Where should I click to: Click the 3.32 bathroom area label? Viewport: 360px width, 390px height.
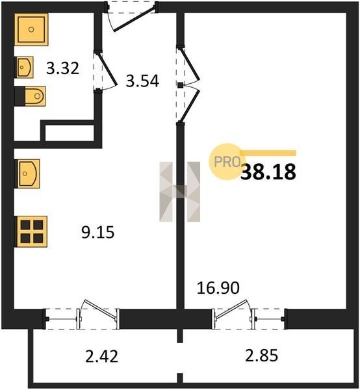click(62, 68)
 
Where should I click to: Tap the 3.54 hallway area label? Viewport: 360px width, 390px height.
click(142, 81)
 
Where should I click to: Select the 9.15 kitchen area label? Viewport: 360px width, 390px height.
click(98, 232)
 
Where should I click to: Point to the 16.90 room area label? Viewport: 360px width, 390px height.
click(218, 288)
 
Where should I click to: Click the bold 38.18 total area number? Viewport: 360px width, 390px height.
click(268, 172)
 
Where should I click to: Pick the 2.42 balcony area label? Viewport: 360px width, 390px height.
click(101, 356)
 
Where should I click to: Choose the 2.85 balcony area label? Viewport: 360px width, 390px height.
click(261, 356)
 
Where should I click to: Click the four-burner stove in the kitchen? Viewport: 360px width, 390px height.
click(32, 231)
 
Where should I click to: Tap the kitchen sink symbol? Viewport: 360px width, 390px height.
click(28, 174)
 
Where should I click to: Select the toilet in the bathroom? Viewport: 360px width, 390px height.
click(31, 96)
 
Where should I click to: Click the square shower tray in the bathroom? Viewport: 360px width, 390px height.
click(31, 30)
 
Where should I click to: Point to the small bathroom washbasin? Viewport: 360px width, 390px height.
click(25, 67)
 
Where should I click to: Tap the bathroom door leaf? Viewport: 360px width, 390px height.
click(107, 69)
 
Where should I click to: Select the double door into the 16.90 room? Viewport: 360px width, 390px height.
click(190, 85)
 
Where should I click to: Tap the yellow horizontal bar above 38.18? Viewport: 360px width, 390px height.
click(268, 153)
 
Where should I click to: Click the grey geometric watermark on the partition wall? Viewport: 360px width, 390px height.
click(180, 192)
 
